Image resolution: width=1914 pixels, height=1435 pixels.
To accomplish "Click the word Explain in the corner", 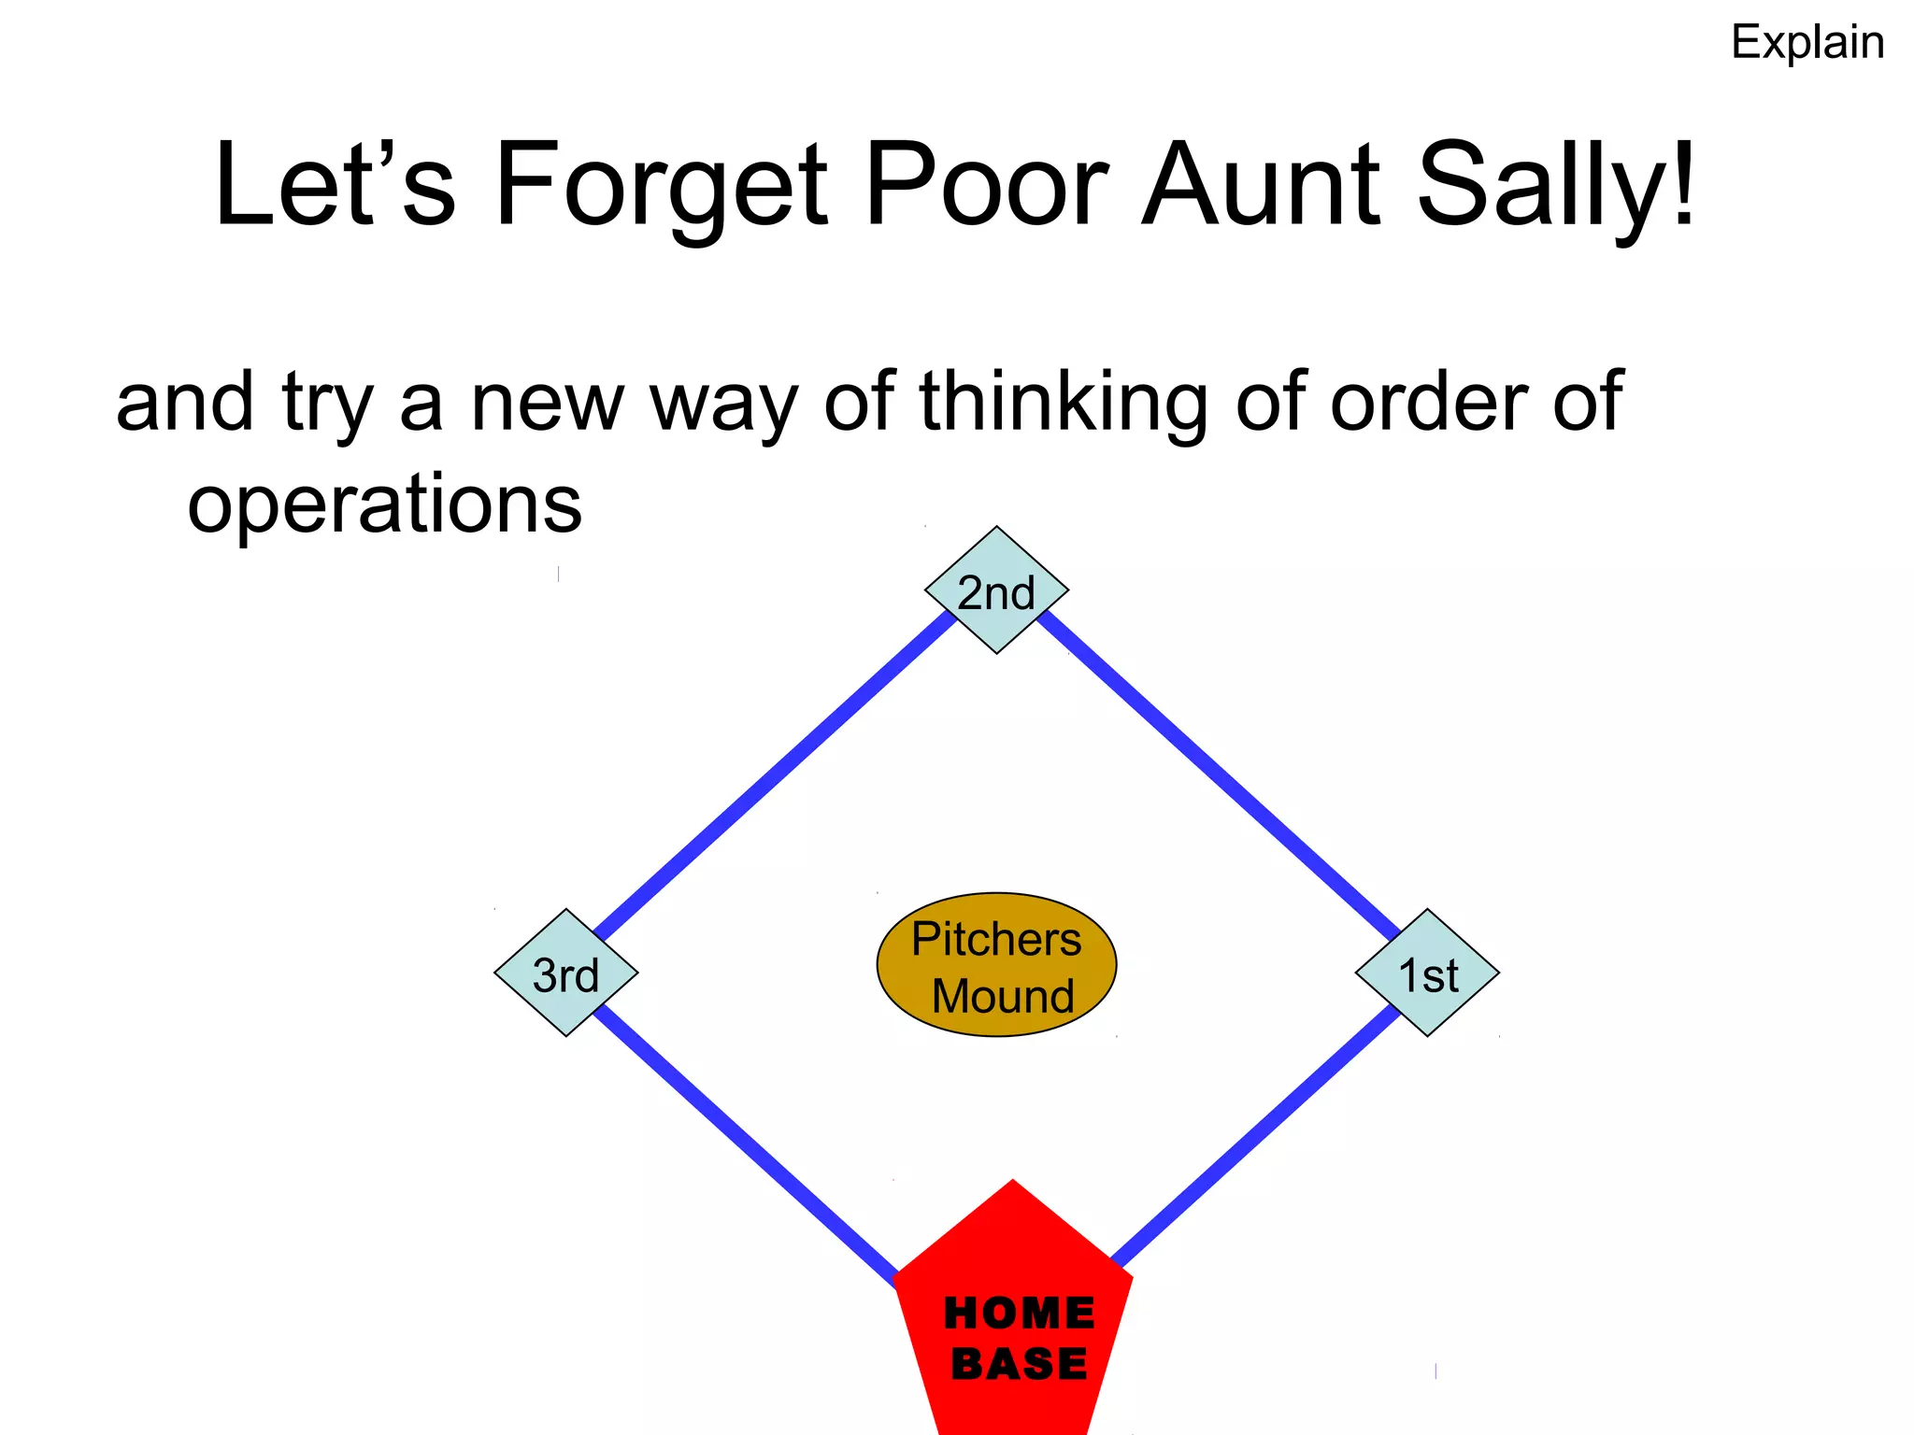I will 1807,43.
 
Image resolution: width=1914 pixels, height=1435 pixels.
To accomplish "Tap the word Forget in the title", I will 661,186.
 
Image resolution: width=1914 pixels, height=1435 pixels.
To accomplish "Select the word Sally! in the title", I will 1556,186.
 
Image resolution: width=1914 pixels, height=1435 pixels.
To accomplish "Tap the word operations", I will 384,504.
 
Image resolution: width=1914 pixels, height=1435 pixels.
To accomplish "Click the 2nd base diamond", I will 996,590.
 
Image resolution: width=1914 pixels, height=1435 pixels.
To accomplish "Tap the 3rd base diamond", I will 565,973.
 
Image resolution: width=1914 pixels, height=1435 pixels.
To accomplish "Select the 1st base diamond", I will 1427,973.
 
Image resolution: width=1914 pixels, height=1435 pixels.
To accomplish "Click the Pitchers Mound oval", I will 996,965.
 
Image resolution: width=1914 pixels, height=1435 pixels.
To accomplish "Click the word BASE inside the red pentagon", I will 1019,1364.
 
